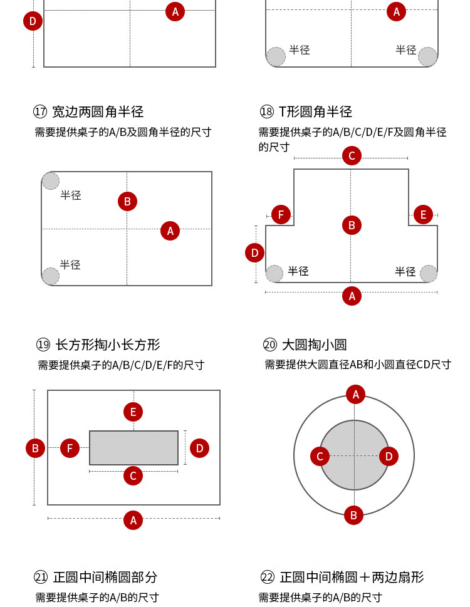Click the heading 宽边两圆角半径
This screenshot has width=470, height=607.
[98, 112]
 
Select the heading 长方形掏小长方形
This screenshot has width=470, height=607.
[108, 345]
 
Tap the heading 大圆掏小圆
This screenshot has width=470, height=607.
[314, 345]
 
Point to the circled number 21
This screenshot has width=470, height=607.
[41, 577]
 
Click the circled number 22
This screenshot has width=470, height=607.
[268, 577]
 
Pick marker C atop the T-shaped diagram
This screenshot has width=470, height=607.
[352, 156]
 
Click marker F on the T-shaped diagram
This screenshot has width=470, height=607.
[281, 215]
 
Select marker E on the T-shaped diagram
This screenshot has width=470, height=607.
[423, 215]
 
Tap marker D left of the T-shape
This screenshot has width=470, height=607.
[254, 253]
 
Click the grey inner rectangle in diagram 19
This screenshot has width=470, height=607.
[133, 447]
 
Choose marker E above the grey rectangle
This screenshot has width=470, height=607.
[133, 412]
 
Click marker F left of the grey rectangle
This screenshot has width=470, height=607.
[70, 448]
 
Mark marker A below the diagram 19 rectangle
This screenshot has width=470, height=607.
[133, 520]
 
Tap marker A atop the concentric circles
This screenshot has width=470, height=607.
[355, 394]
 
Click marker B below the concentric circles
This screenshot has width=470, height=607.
[353, 516]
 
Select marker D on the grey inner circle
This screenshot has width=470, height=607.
[389, 456]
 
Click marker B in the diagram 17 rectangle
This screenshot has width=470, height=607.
[127, 201]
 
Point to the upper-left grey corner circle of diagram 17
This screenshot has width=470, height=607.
[51, 181]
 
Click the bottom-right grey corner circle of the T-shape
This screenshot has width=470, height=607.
[429, 274]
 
